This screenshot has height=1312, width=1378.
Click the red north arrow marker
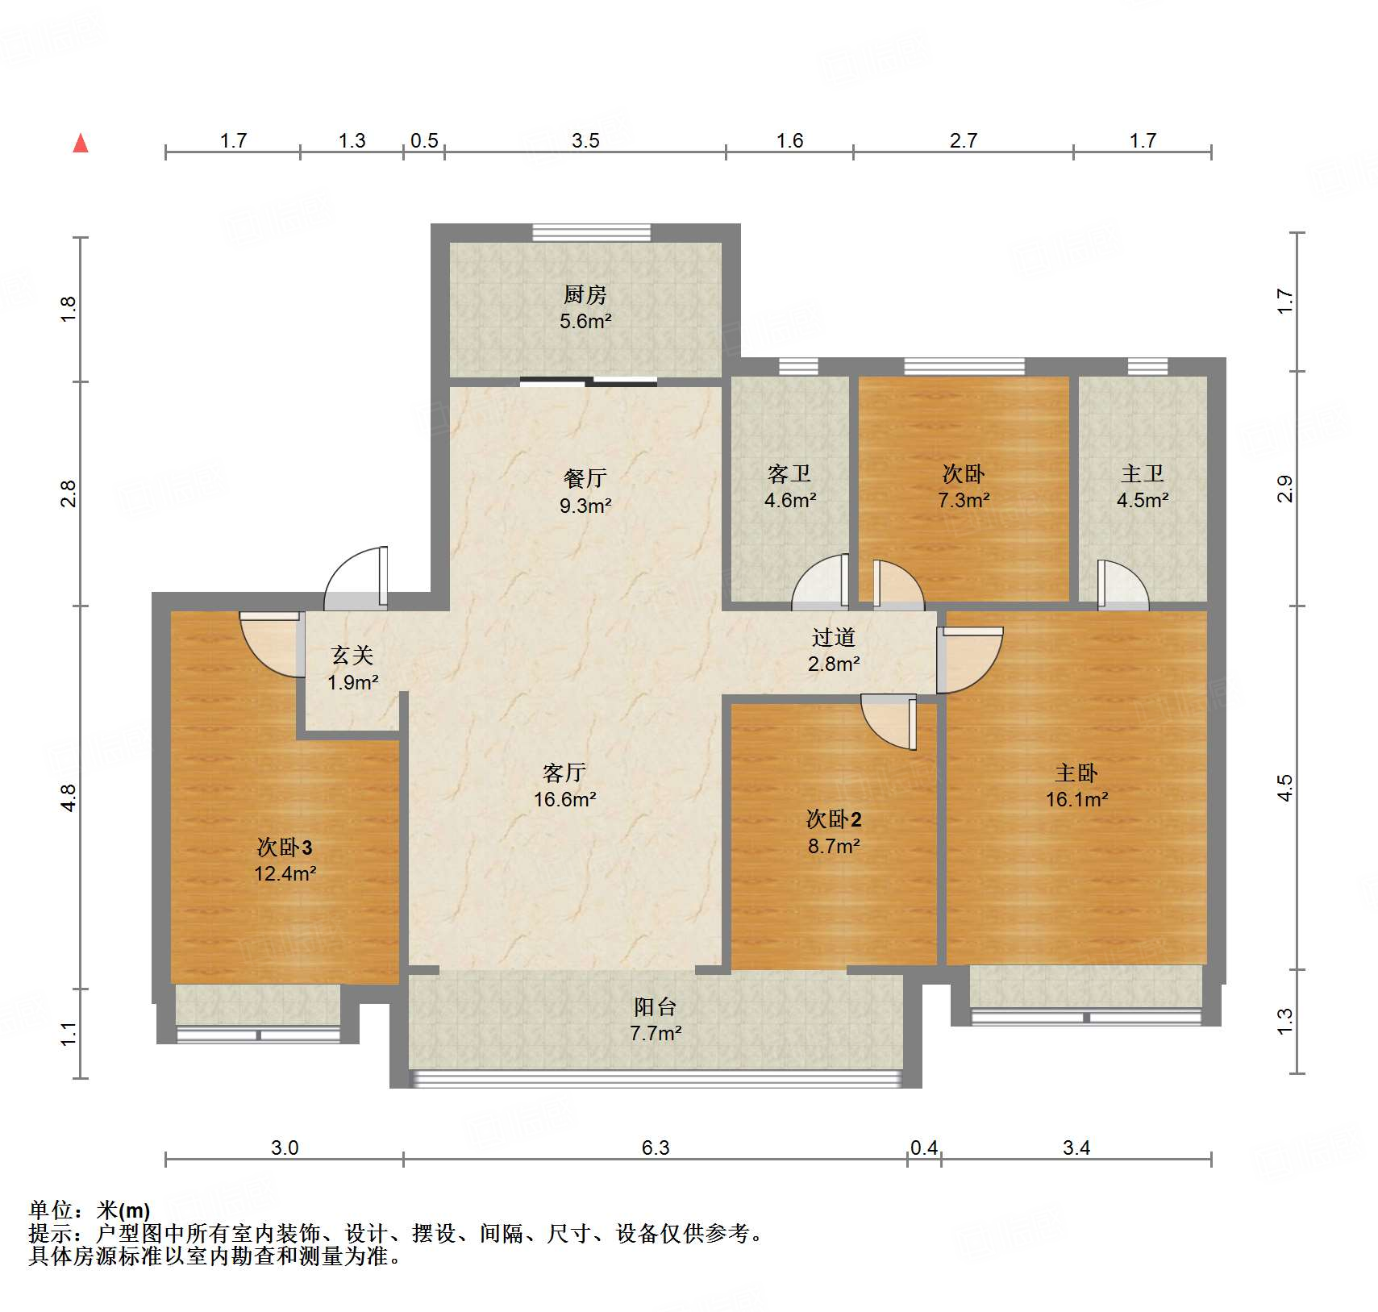click(x=81, y=144)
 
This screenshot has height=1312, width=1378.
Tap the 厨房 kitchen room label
click(x=585, y=294)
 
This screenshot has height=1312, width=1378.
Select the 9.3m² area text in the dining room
click(x=585, y=506)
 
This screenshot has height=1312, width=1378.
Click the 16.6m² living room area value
click(x=564, y=799)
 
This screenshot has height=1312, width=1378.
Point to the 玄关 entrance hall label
click(x=352, y=655)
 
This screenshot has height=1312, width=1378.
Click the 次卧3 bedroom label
click(x=285, y=847)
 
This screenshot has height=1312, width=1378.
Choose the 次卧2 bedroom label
click(x=834, y=819)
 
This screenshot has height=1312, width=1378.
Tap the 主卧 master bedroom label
click(x=1076, y=773)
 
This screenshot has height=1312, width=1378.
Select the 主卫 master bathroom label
click(x=1143, y=473)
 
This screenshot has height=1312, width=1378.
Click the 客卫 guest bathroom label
click(x=789, y=473)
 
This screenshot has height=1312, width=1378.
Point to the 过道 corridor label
click(x=834, y=637)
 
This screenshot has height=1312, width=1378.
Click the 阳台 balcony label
click(x=655, y=1006)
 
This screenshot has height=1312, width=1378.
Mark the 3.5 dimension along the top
click(x=585, y=140)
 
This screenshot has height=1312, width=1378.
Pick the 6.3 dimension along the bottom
click(x=656, y=1147)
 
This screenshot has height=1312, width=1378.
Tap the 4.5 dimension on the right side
click(x=1284, y=787)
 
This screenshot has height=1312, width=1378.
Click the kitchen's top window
click(x=591, y=232)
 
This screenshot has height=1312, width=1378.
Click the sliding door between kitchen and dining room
click(x=589, y=381)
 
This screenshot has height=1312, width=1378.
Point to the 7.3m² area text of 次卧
click(x=964, y=500)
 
